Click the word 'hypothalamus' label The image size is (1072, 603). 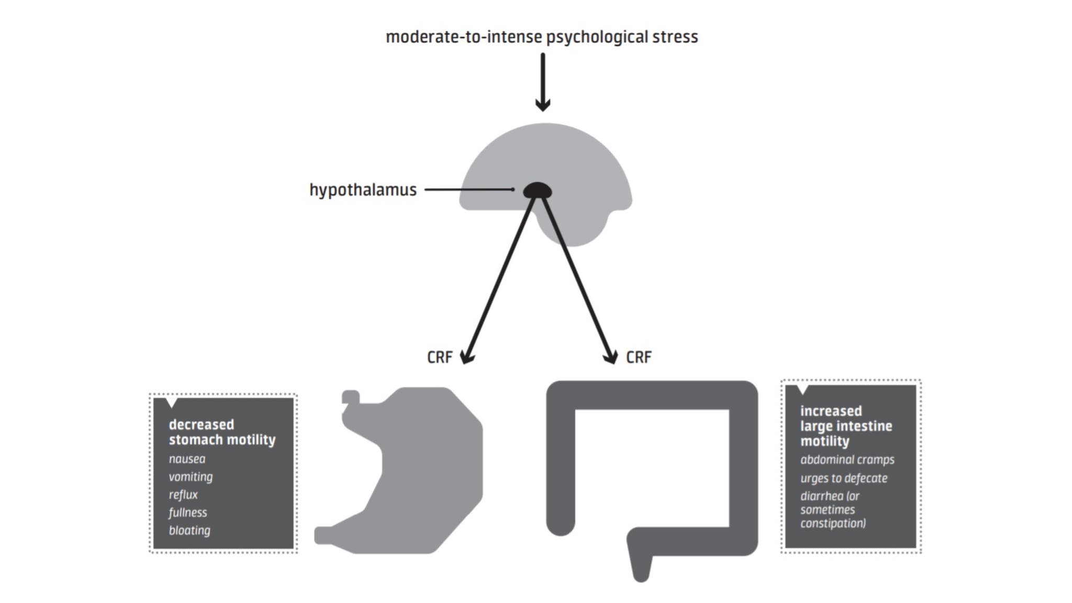pyautogui.click(x=363, y=189)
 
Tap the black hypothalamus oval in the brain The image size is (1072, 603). pyautogui.click(x=538, y=191)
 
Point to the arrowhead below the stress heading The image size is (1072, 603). pyautogui.click(x=543, y=105)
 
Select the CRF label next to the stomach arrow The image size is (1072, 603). pyautogui.click(x=440, y=357)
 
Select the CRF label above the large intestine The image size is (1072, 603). pyautogui.click(x=639, y=357)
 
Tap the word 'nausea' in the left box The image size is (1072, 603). pyautogui.click(x=187, y=459)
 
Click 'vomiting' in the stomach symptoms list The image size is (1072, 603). pyautogui.click(x=191, y=477)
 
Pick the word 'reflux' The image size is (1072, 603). pyautogui.click(x=183, y=495)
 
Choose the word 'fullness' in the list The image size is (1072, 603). pyautogui.click(x=188, y=512)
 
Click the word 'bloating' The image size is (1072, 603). pyautogui.click(x=189, y=530)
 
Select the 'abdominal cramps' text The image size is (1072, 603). pyautogui.click(x=847, y=460)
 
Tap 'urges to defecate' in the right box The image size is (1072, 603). pyautogui.click(x=843, y=478)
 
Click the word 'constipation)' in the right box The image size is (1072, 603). pyautogui.click(x=833, y=523)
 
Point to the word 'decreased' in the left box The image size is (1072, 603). pyautogui.click(x=201, y=425)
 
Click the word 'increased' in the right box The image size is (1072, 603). pyautogui.click(x=831, y=411)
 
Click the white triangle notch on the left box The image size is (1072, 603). pyautogui.click(x=171, y=402)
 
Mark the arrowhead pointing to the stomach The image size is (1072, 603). pyautogui.click(x=466, y=358)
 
